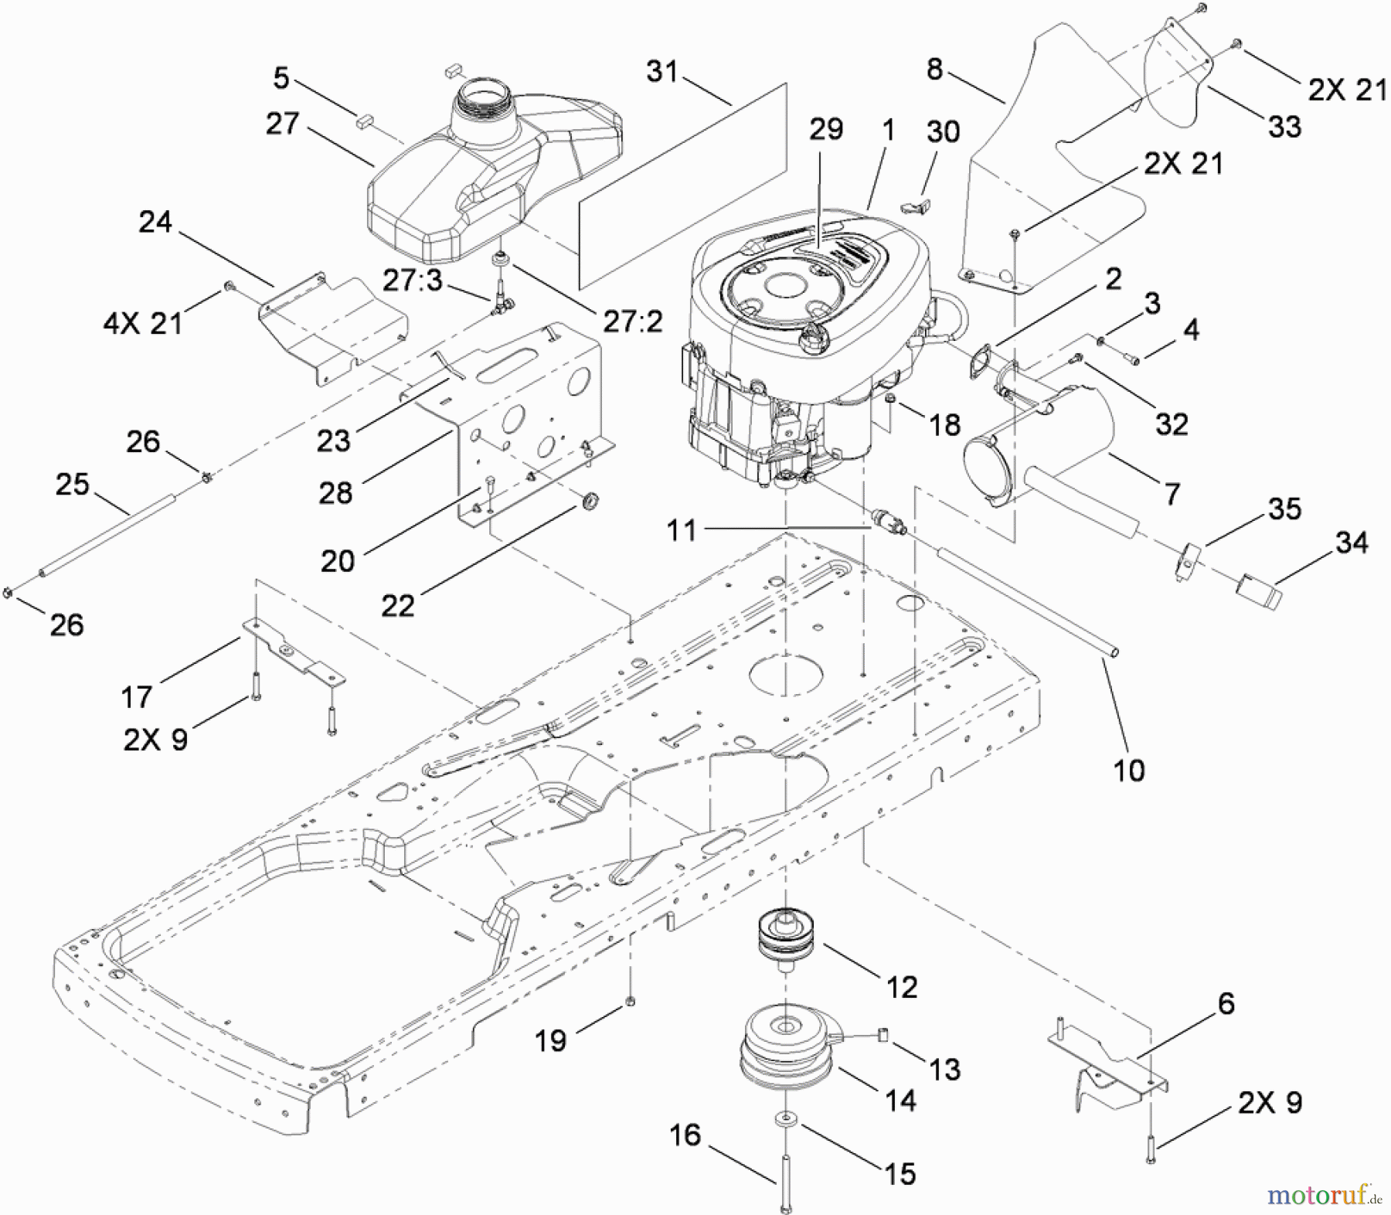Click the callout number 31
pos(662,73)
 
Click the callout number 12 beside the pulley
pos(902,987)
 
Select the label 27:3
pos(413,280)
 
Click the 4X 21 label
pos(142,321)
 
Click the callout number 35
pos(1284,509)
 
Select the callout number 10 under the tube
pos(1128,770)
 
